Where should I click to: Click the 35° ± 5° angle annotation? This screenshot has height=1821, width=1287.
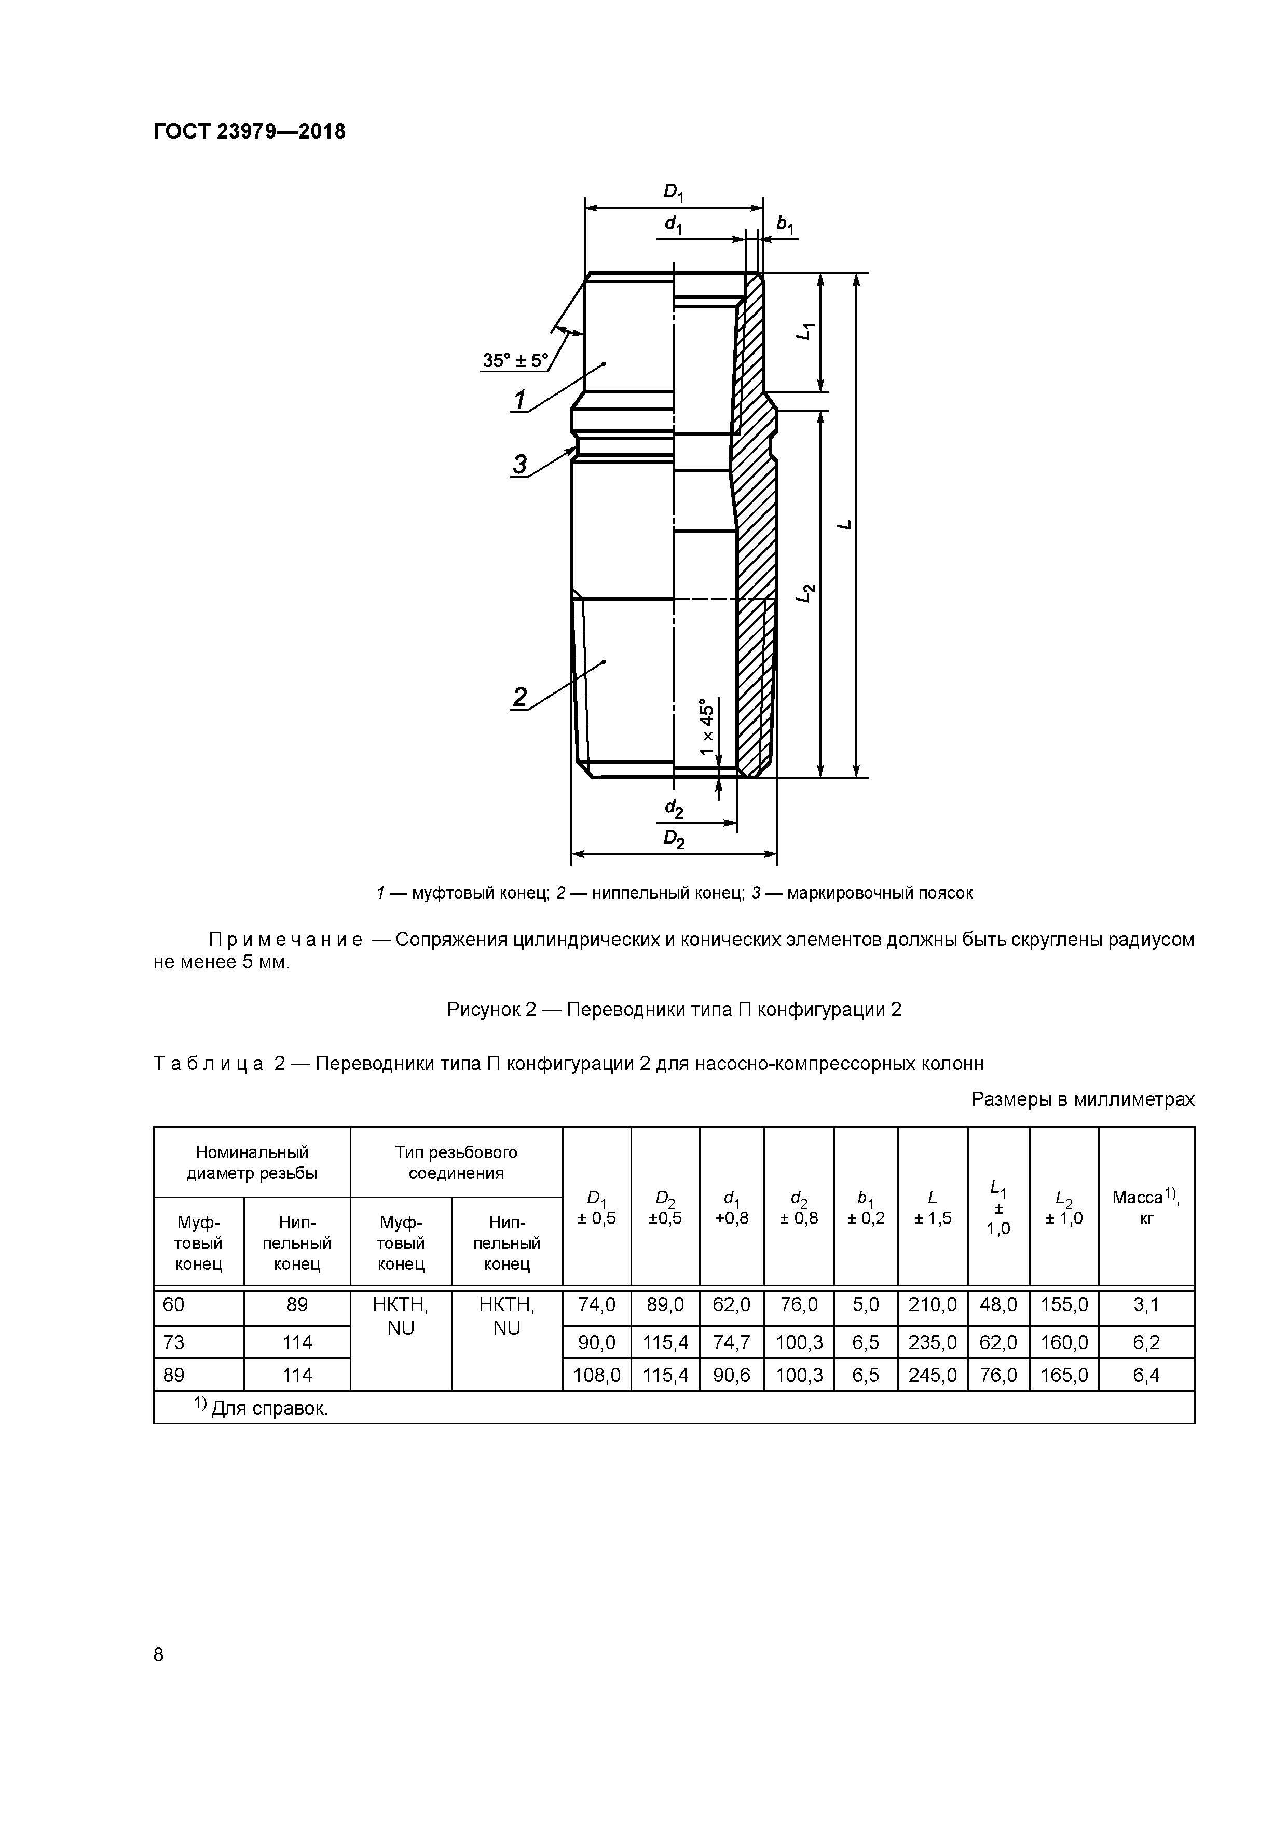515,361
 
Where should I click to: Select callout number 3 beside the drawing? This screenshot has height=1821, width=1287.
519,464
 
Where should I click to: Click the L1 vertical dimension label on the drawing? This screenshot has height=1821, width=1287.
805,332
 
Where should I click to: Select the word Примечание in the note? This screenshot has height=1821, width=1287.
285,941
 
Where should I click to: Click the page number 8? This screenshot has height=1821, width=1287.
159,1654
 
